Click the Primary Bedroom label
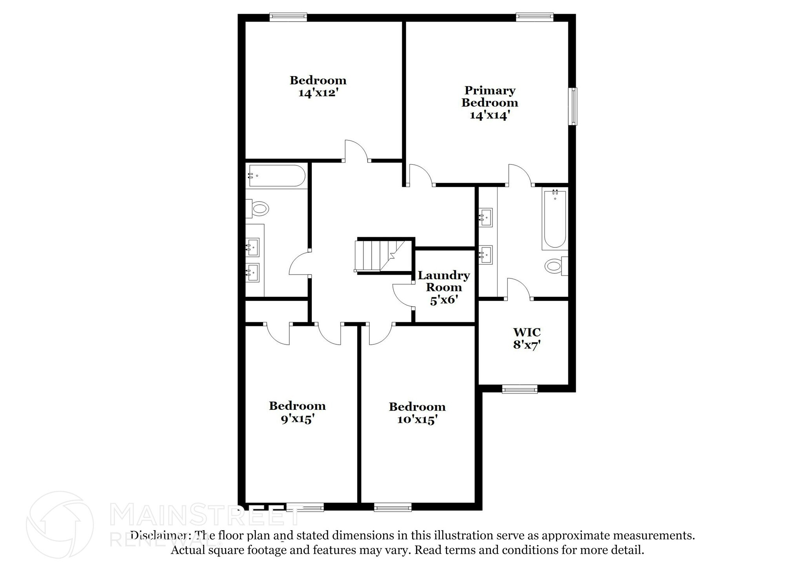pos(490,96)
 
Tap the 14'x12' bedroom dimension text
pos(318,93)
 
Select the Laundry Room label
pos(443,281)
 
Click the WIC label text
pos(527,332)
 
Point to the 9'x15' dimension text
pos(298,419)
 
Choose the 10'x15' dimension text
pos(417,420)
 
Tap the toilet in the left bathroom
pos(258,208)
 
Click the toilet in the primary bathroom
pos(554,266)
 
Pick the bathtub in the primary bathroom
pos(555,219)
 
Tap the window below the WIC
pos(520,389)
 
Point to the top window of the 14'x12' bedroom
pos(288,16)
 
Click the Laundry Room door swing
pos(403,295)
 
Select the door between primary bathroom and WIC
pos(519,289)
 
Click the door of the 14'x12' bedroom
pos(356,151)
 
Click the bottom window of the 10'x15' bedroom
pos(392,508)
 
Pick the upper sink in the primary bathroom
pos(486,217)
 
